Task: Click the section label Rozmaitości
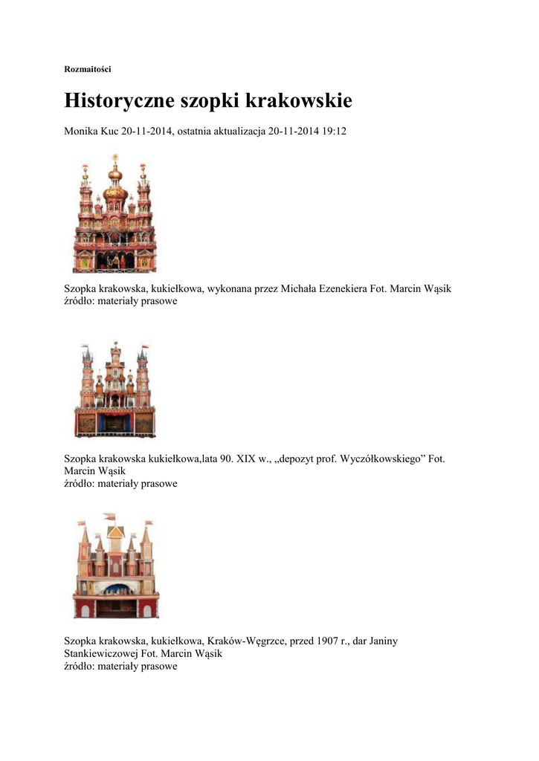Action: (x=88, y=69)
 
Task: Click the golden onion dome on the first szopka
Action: (x=114, y=192)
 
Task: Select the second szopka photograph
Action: (x=114, y=389)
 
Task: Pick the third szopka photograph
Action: (x=115, y=566)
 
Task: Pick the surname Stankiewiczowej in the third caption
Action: (x=101, y=653)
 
